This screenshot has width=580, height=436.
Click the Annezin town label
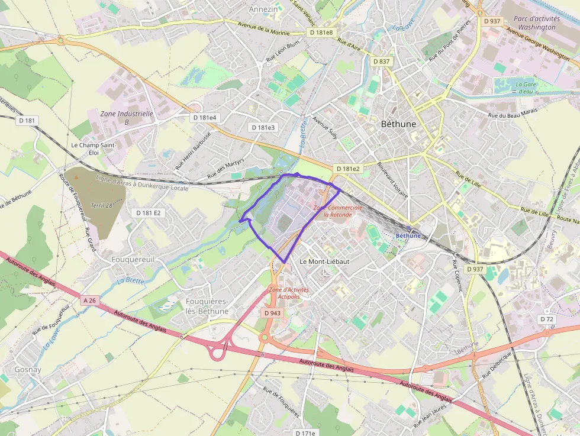tap(263, 9)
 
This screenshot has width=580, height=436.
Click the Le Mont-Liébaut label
tap(324, 261)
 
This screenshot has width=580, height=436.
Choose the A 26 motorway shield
tap(89, 301)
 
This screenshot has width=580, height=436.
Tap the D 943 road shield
tap(272, 312)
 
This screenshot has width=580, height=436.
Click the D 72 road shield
tap(547, 319)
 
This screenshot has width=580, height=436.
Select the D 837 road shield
tap(382, 62)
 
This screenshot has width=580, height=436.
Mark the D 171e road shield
tap(305, 432)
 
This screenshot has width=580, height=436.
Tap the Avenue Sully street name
tap(325, 128)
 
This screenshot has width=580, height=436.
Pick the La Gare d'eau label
tap(525, 88)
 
